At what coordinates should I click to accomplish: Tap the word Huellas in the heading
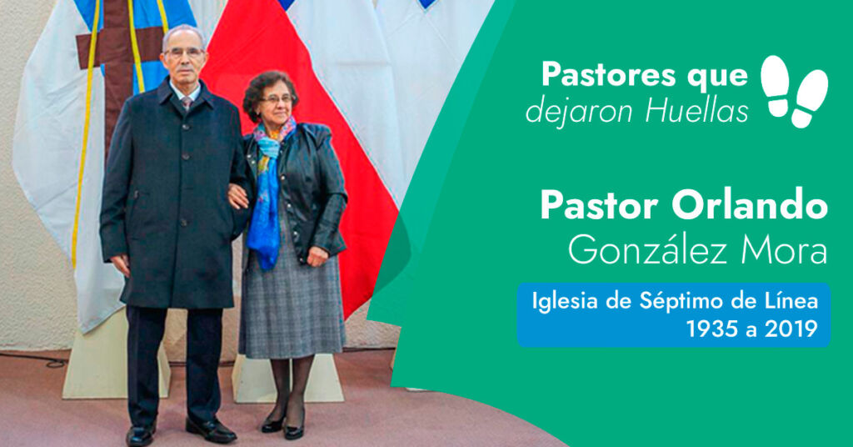click(697, 111)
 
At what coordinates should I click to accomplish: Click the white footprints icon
click(794, 91)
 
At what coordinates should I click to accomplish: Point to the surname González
click(650, 249)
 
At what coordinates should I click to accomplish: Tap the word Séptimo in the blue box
click(673, 301)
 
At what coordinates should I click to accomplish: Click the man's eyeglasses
click(184, 53)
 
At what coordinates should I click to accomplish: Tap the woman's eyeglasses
click(277, 99)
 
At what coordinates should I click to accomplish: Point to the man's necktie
click(187, 103)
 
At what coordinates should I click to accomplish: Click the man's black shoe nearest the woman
click(211, 429)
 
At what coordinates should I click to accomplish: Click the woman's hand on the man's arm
click(237, 197)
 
